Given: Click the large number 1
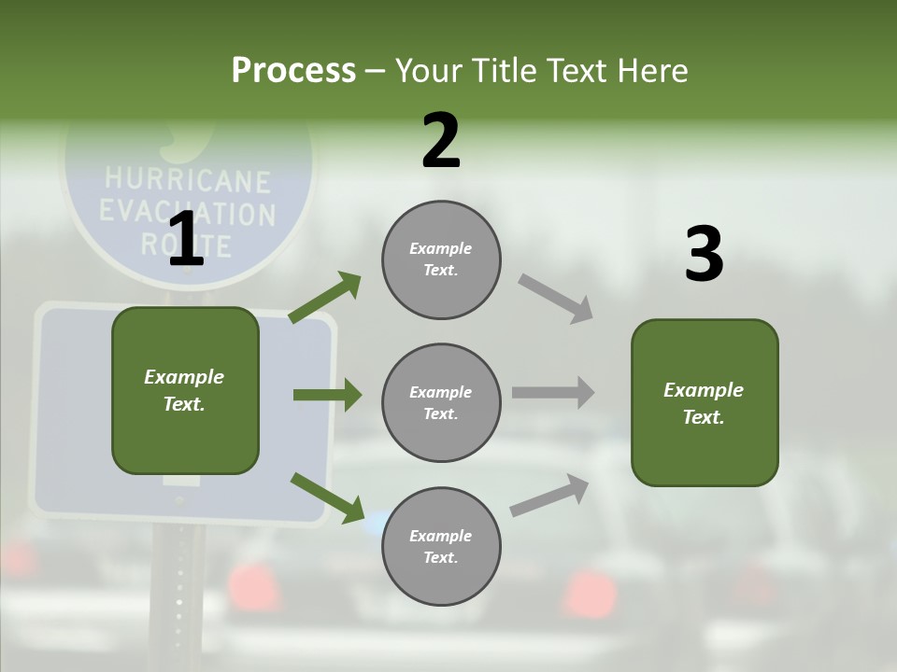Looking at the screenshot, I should pyautogui.click(x=186, y=240).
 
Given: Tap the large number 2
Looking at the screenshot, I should pyautogui.click(x=441, y=141).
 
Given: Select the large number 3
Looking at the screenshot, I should pyautogui.click(x=704, y=255).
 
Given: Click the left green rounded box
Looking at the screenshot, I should pyautogui.click(x=185, y=390).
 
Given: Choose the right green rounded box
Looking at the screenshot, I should pyautogui.click(x=705, y=402).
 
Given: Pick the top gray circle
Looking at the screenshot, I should pyautogui.click(x=441, y=259).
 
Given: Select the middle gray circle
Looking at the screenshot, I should pyautogui.click(x=441, y=402).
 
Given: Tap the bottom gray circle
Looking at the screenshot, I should pyautogui.click(x=441, y=546).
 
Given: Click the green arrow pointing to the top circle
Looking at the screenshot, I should pyautogui.click(x=325, y=298).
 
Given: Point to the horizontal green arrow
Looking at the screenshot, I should pyautogui.click(x=327, y=395).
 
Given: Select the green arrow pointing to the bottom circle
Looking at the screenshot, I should pyautogui.click(x=327, y=497).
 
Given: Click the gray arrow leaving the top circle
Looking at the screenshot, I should pyautogui.click(x=556, y=298).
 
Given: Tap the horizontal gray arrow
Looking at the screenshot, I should pyautogui.click(x=552, y=393).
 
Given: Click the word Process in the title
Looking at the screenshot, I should pyautogui.click(x=293, y=70).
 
